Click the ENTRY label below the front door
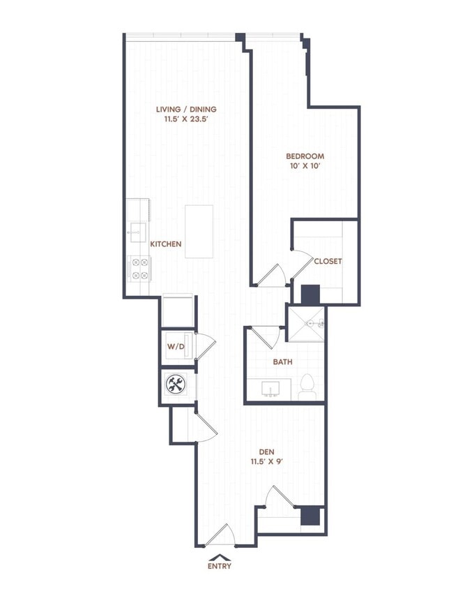click(220, 566)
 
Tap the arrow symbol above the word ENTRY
click(219, 556)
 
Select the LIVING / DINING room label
click(186, 109)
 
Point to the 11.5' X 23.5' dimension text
click(186, 119)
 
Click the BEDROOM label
click(305, 156)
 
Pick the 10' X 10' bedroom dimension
click(305, 167)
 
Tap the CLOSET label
click(328, 261)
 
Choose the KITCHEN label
click(166, 244)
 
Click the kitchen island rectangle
click(199, 231)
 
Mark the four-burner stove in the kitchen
click(139, 269)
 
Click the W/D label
click(174, 347)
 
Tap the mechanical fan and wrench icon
click(176, 384)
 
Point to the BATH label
click(282, 362)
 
